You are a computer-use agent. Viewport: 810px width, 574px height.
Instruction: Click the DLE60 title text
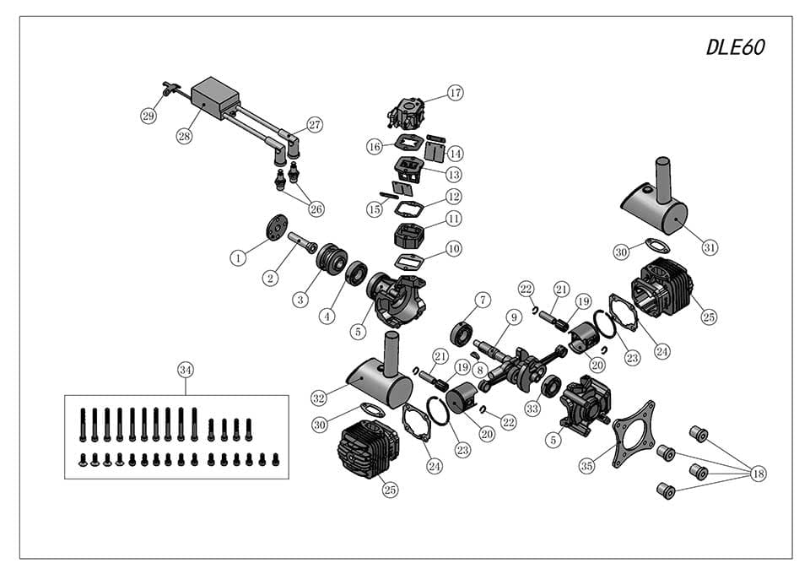(x=735, y=48)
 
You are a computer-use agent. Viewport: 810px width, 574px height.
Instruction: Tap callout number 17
(x=456, y=93)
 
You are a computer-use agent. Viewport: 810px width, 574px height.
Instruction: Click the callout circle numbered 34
(x=186, y=370)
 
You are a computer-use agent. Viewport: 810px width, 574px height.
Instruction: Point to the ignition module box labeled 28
(x=216, y=99)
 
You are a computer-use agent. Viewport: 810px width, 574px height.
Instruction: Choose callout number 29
(x=148, y=116)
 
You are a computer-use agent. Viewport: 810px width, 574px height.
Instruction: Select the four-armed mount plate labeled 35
(x=632, y=431)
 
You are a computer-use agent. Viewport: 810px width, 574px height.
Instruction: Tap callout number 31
(x=710, y=247)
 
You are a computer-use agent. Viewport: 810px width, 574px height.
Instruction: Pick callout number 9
(x=513, y=318)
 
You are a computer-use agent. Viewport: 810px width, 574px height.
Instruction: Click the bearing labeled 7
(x=462, y=331)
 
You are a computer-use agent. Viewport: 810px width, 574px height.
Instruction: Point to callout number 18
(x=758, y=474)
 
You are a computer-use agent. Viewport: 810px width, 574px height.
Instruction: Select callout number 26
(x=316, y=208)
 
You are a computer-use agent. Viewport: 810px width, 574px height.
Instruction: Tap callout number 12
(x=454, y=197)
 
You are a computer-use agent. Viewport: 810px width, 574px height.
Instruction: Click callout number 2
(x=271, y=277)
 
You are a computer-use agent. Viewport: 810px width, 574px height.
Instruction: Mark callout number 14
(x=456, y=154)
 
